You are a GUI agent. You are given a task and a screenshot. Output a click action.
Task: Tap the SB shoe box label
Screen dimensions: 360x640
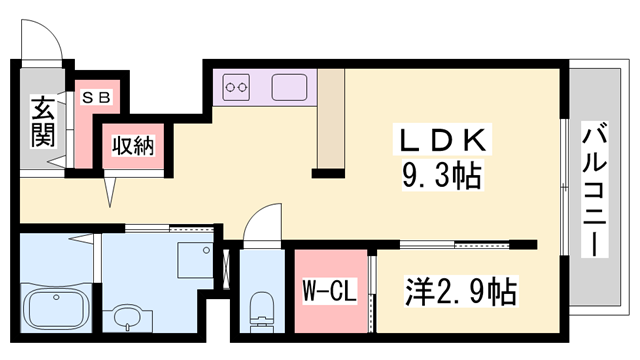click(x=96, y=97)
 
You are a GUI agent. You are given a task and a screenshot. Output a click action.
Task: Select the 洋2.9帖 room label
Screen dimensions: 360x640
click(x=460, y=293)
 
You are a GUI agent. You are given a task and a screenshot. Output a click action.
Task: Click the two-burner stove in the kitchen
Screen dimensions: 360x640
click(x=238, y=88)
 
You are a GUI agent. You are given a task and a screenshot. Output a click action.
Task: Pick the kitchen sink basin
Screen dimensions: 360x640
click(x=291, y=88)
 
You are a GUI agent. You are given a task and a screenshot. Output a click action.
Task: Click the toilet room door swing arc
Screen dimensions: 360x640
click(x=262, y=221)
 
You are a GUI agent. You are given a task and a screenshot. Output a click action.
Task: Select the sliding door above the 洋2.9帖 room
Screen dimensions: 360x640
click(x=455, y=243)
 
